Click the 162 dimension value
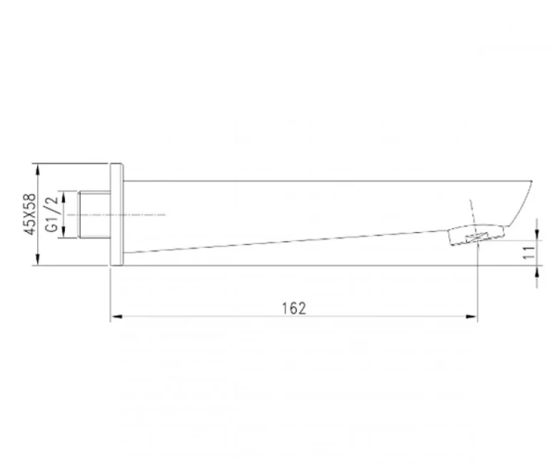pos(293,308)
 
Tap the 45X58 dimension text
pos(31,214)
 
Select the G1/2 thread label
pos(52,213)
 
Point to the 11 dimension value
pos(529,252)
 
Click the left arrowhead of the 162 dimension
pos(116,316)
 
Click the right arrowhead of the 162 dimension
pos(472,316)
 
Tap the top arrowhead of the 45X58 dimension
pos(38,169)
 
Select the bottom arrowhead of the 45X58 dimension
pos(38,260)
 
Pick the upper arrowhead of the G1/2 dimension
pos(63,197)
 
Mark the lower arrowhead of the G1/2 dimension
pos(63,232)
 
